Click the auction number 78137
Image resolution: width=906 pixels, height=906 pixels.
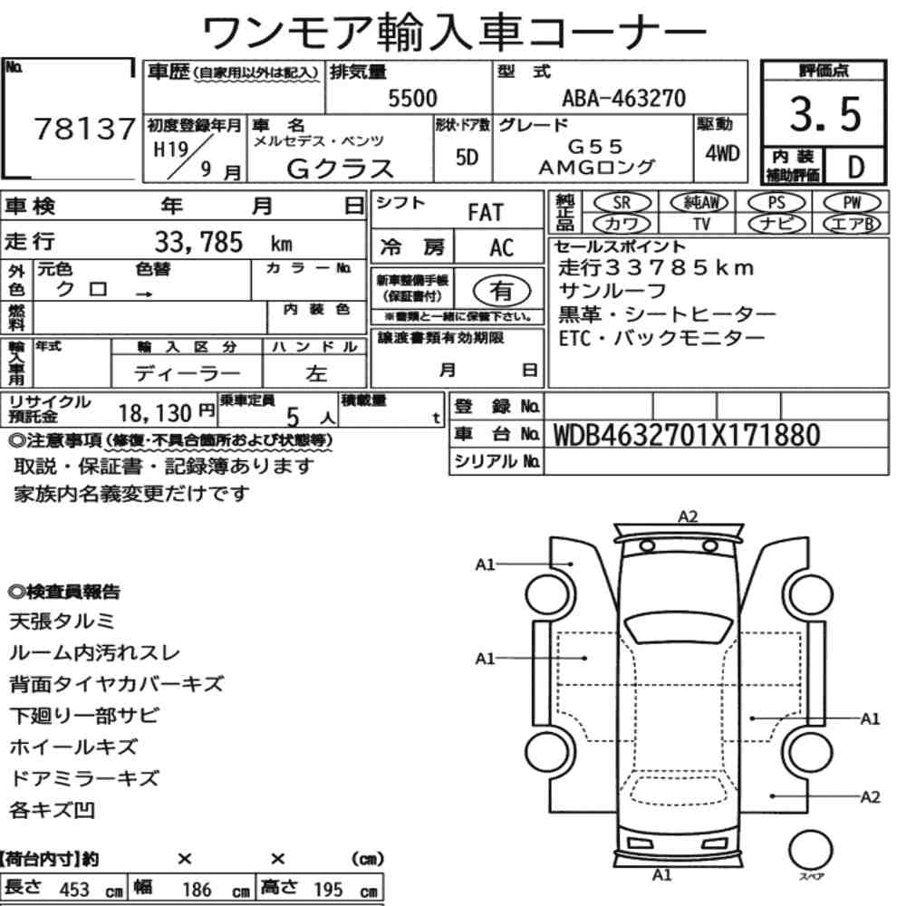(85, 129)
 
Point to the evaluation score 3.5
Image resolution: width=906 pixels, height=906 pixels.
(825, 114)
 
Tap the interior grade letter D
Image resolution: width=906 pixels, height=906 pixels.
(855, 167)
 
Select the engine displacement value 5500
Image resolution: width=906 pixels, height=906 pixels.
(412, 98)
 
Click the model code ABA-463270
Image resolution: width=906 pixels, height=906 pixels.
(624, 98)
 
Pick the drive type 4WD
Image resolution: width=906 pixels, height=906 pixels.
(722, 154)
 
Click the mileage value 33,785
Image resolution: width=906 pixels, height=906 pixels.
(198, 242)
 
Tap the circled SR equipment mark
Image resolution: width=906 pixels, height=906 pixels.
(622, 203)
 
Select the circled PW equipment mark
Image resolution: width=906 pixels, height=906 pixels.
(852, 203)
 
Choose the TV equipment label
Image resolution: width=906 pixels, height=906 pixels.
(701, 224)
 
